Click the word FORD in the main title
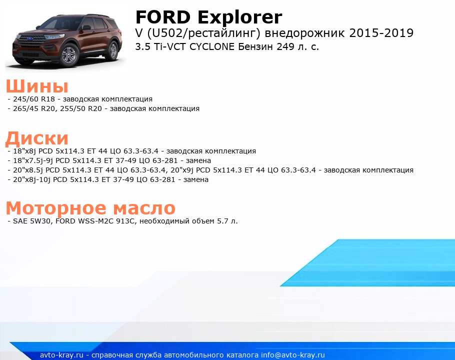coord(163,17)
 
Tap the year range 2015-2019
coord(381,33)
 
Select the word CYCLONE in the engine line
coord(212,46)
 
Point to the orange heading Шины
coord(37,86)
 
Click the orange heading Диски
coord(37,138)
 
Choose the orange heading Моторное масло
coord(90,208)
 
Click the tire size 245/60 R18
coord(34,99)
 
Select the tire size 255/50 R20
coord(81,108)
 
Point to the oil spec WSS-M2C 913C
coord(105,221)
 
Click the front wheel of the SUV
coord(69,54)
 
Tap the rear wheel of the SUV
coord(112,50)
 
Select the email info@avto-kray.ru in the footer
coord(293,355)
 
